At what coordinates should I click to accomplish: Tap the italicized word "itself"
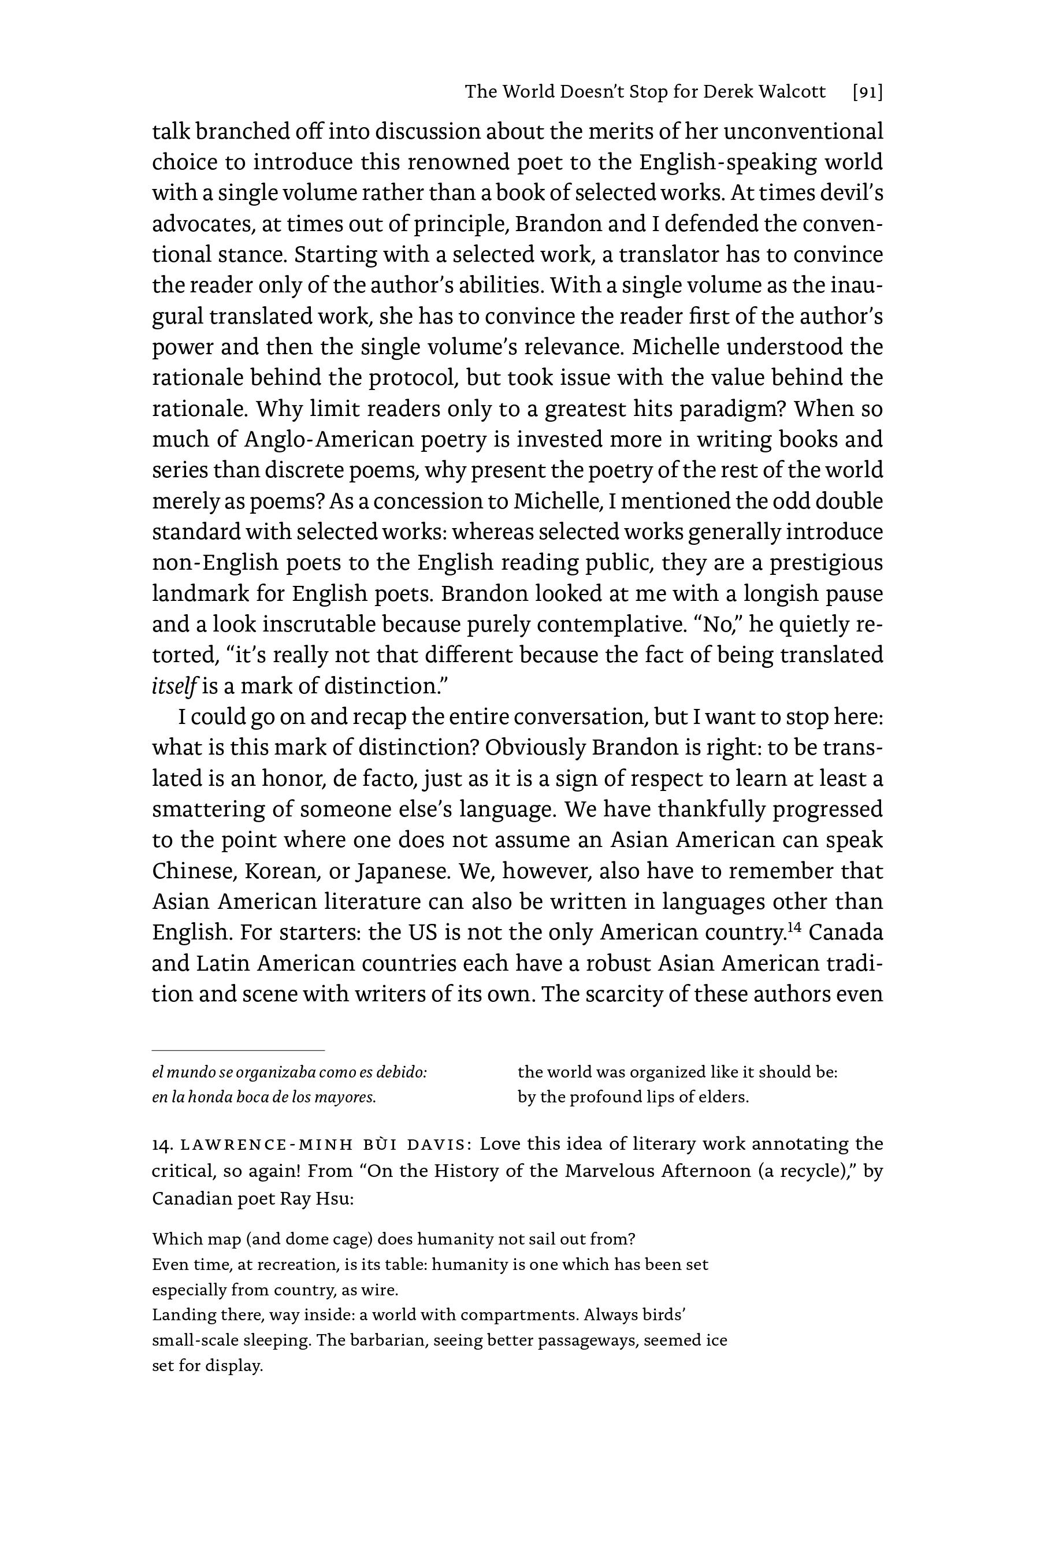(174, 686)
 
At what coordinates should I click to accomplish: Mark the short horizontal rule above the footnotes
(238, 1050)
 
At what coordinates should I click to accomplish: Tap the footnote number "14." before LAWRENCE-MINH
(162, 1144)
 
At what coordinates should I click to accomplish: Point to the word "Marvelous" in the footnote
(610, 1171)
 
